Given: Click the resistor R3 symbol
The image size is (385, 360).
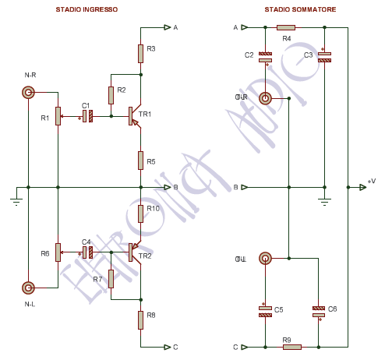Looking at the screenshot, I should [x=140, y=53].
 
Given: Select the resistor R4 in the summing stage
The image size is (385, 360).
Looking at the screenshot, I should [x=286, y=28].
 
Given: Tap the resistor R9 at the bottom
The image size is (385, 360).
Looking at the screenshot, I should [x=291, y=347].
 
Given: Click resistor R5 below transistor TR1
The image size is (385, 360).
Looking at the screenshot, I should [x=140, y=160].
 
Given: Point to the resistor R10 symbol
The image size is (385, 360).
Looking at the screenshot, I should [x=140, y=212].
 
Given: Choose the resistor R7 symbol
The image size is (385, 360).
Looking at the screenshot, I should [x=111, y=278].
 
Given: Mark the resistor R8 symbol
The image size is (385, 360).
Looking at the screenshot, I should [x=140, y=319].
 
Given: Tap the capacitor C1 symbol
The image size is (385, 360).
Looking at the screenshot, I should [x=87, y=116].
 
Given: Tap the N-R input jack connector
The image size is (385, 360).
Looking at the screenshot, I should [x=28, y=93].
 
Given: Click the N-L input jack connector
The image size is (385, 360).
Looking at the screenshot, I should [x=28, y=287].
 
